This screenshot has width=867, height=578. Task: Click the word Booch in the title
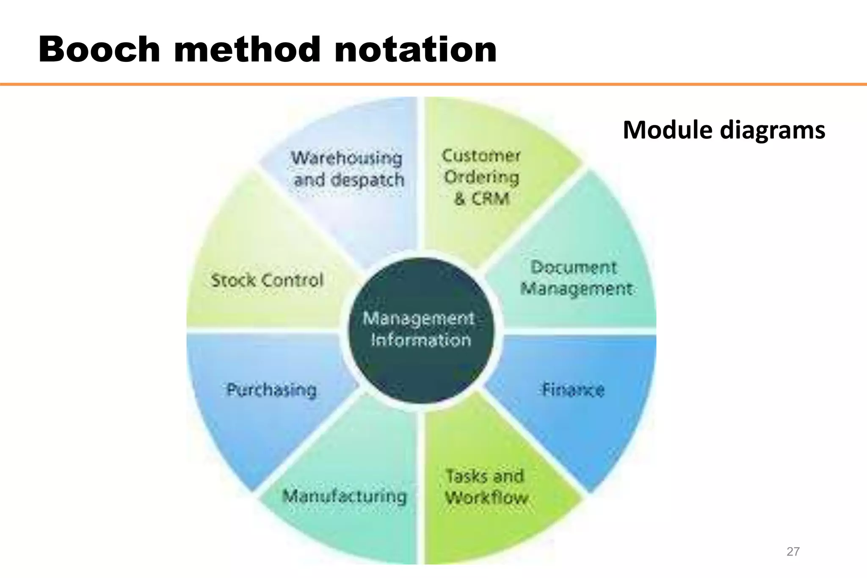[99, 50]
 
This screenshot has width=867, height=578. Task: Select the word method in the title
[247, 50]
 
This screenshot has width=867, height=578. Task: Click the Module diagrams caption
[724, 130]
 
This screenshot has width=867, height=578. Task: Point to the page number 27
[793, 551]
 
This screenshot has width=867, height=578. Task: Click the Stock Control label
[267, 280]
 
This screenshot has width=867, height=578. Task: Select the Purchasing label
[271, 390]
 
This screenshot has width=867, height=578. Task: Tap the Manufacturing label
[344, 496]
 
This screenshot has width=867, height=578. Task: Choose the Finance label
[573, 390]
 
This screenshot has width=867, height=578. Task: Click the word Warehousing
[346, 158]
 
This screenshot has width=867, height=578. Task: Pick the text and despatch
[349, 180]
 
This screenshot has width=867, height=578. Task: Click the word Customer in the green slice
[481, 155]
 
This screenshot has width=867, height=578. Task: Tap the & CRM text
[481, 198]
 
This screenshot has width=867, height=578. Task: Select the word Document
[574, 267]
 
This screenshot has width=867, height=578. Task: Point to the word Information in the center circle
[421, 340]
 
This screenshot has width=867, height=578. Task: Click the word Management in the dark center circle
[418, 318]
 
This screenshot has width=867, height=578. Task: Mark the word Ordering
[481, 177]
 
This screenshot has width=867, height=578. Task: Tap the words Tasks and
[485, 476]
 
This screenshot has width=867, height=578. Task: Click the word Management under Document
[576, 289]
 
